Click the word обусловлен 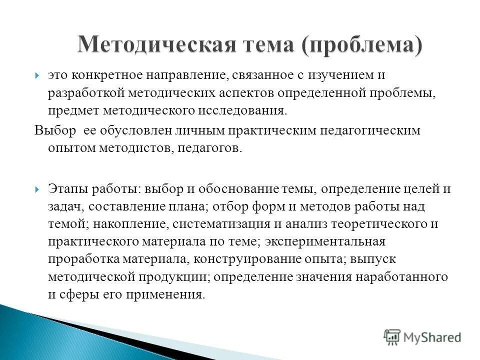pos(133,131)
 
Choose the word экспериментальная pos(325,241)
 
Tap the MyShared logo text pos(433,337)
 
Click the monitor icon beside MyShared pos(392,337)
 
